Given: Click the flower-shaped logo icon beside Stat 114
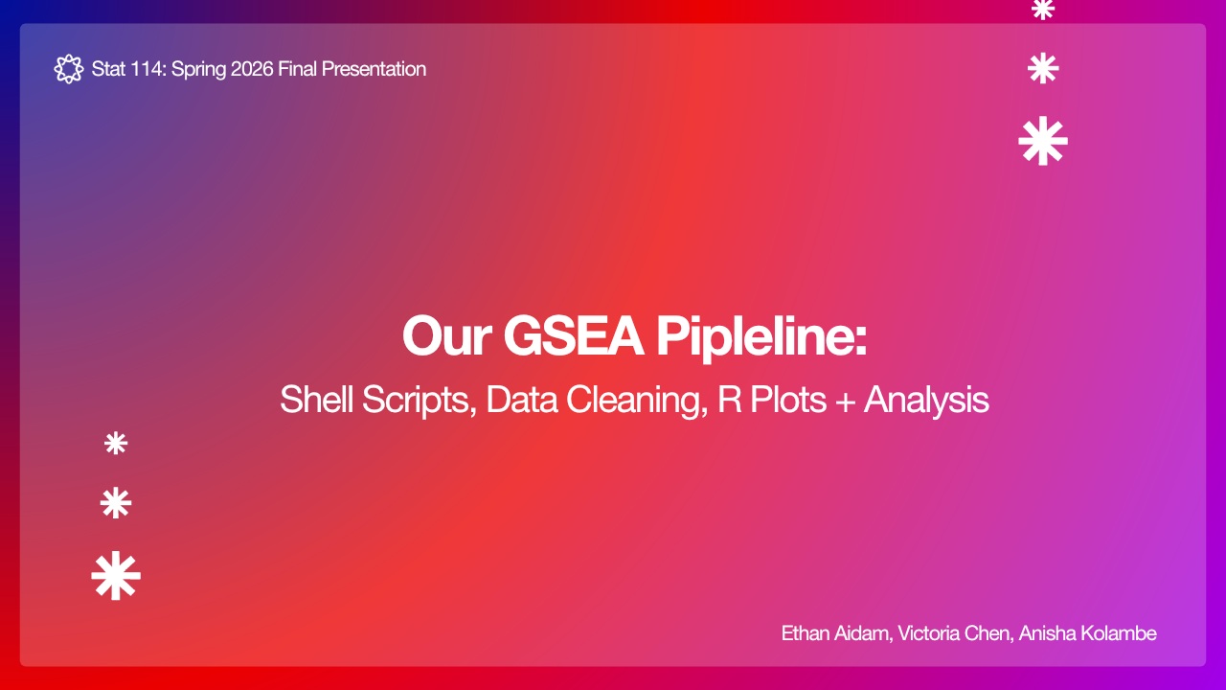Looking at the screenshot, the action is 68,69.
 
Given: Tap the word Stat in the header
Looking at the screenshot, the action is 108,69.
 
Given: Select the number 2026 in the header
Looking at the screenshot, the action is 252,69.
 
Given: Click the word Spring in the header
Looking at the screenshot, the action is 198,70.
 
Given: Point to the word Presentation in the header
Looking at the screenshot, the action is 374,69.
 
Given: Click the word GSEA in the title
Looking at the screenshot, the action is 573,335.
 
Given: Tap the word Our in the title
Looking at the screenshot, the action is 446,335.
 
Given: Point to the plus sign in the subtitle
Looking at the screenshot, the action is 846,401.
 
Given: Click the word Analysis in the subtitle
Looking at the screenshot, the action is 926,401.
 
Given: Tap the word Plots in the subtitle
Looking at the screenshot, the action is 788,400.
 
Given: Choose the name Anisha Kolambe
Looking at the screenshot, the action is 1087,633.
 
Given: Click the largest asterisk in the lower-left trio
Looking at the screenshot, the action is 116,576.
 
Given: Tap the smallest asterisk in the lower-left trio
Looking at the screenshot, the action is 116,444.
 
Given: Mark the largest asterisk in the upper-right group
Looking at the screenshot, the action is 1043,141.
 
